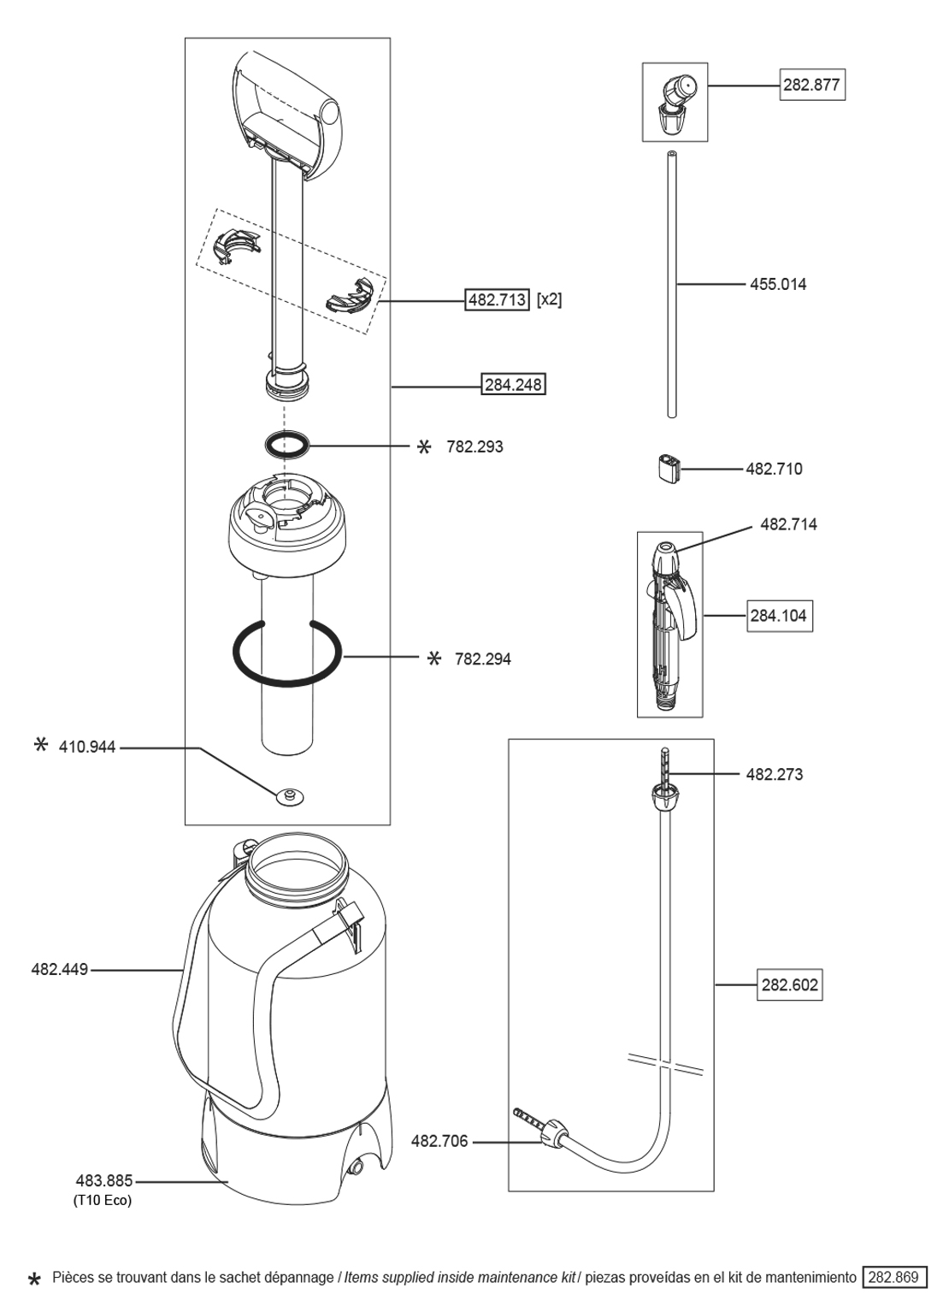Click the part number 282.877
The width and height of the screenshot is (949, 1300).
pyautogui.click(x=811, y=85)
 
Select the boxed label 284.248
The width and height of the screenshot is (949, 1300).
pyautogui.click(x=513, y=385)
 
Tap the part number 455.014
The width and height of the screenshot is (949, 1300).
pyautogui.click(x=778, y=284)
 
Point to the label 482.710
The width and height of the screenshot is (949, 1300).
pyautogui.click(x=774, y=469)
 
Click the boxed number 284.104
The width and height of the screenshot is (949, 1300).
pyautogui.click(x=779, y=615)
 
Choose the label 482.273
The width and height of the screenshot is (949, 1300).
pyautogui.click(x=774, y=774)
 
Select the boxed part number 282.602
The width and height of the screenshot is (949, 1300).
pyautogui.click(x=790, y=984)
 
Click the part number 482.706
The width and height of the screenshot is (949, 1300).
pyautogui.click(x=439, y=1141)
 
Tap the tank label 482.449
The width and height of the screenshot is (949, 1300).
pyautogui.click(x=59, y=970)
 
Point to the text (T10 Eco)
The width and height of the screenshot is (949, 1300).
pyautogui.click(x=103, y=1200)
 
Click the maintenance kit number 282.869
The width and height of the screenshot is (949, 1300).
pyautogui.click(x=894, y=1278)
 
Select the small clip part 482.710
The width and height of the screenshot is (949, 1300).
pyautogui.click(x=669, y=469)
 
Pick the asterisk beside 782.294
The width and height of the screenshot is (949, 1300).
pyautogui.click(x=434, y=658)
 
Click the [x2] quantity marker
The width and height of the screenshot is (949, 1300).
pyautogui.click(x=550, y=299)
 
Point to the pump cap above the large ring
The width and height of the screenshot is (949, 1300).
pyautogui.click(x=286, y=523)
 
